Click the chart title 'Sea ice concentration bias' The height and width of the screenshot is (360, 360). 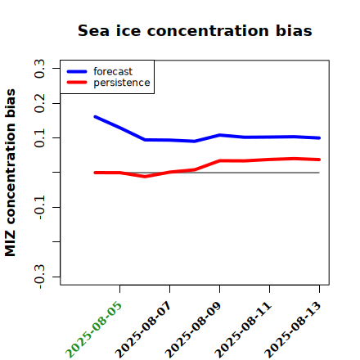[195, 30]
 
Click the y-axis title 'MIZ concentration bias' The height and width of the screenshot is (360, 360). [11, 173]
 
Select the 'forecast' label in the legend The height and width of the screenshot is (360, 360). [113, 71]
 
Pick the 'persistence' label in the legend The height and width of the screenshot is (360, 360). [122, 83]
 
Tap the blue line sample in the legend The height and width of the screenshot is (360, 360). [77, 71]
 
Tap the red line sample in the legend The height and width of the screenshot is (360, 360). [77, 83]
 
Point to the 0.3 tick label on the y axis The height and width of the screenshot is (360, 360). [39, 69]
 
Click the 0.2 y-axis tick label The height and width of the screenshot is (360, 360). [39, 103]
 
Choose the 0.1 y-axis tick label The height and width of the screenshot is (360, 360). [39, 138]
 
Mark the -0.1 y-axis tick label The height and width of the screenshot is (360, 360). [39, 208]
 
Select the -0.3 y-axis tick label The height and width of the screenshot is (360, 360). [39, 277]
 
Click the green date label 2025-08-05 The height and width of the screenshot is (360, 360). [93, 330]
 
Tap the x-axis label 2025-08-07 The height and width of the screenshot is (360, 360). [143, 330]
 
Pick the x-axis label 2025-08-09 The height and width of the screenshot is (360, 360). [193, 330]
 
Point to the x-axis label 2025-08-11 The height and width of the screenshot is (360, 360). [243, 330]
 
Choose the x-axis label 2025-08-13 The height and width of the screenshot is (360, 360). [293, 330]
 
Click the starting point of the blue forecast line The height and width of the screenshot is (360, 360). [95, 117]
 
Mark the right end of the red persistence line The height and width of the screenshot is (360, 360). [319, 160]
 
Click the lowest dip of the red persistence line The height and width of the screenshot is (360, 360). [145, 177]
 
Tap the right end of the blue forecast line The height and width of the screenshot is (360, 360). [319, 138]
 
